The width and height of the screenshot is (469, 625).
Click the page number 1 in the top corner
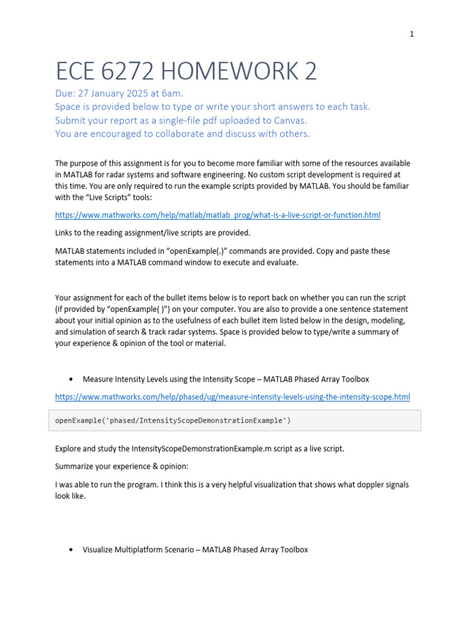tap(412, 34)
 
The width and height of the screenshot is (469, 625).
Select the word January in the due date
tap(113, 93)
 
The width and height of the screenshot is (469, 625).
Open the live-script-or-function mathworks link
tap(217, 215)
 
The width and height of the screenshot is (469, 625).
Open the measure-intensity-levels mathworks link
tap(232, 397)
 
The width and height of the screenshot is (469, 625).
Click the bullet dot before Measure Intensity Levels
tap(72, 379)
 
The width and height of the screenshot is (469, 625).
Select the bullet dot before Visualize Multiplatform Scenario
tap(72, 550)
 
